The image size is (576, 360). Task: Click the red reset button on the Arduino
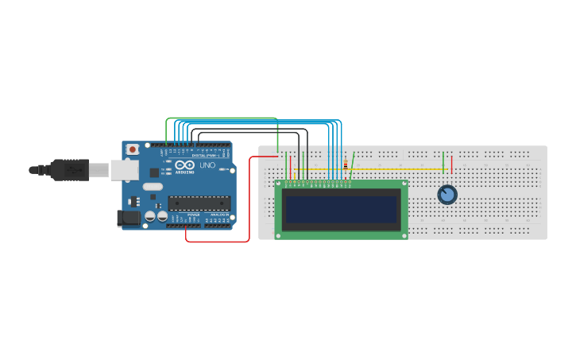[132, 149]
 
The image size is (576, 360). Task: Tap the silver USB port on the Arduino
[124, 169]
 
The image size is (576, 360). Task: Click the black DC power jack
[126, 219]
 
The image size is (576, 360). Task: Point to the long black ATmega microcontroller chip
[199, 203]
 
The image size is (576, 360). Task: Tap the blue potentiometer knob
[447, 195]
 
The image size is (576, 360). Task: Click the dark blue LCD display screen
[341, 209]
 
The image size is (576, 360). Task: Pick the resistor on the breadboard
[345, 165]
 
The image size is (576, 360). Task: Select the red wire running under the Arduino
[218, 241]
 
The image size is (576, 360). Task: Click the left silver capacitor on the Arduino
[149, 216]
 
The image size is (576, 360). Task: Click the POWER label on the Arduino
[193, 215]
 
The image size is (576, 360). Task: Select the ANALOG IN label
[218, 215]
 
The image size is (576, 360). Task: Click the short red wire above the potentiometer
[451, 165]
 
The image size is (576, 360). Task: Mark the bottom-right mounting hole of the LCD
[403, 235]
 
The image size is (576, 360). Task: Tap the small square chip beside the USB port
[154, 172]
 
